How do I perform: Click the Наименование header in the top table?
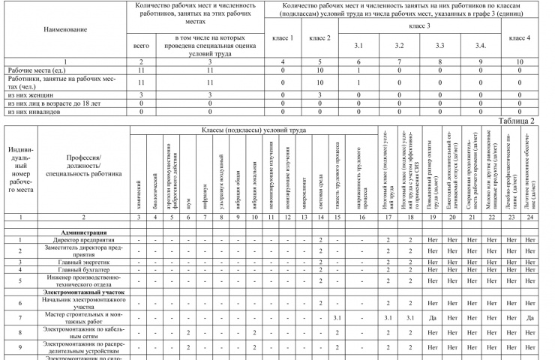(64, 29)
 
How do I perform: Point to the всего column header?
(141, 46)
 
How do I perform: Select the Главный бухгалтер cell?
(83, 269)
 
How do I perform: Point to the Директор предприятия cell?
(83, 239)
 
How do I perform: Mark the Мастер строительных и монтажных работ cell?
(83, 316)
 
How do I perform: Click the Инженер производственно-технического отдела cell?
(83, 280)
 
